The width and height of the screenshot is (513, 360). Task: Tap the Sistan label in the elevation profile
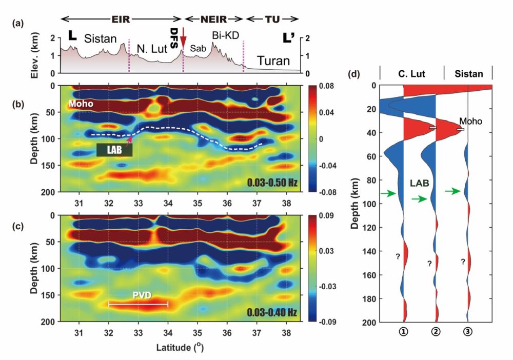pos(101,38)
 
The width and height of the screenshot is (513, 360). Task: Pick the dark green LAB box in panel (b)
pos(114,150)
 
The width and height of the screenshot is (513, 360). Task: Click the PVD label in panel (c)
pos(138,296)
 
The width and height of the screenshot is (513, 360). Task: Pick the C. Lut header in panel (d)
pos(410,74)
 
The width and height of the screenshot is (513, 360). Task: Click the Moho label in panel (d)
pos(467,121)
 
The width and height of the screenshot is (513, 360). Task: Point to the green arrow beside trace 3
pos(452,191)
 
